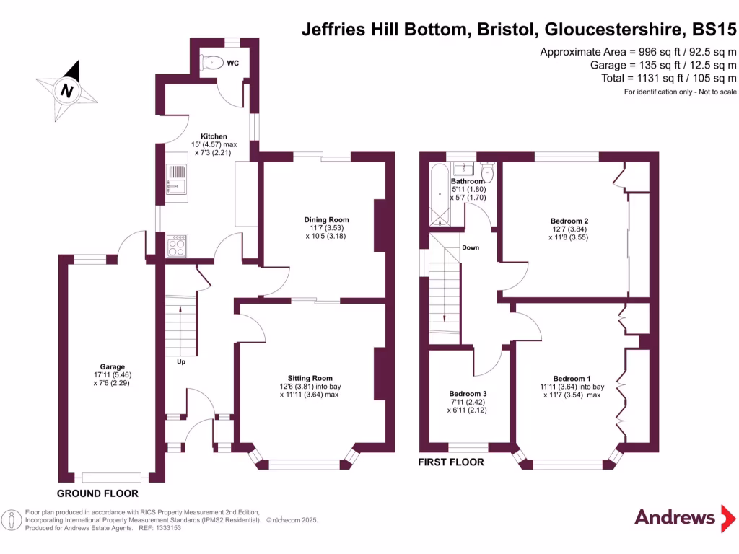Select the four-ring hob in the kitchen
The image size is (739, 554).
click(x=177, y=247)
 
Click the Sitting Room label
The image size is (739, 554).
click(x=310, y=378)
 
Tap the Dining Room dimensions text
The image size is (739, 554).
click(x=326, y=232)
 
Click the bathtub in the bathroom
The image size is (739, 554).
click(x=439, y=193)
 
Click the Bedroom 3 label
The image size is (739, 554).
click(x=468, y=394)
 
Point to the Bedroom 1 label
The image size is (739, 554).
click(x=572, y=379)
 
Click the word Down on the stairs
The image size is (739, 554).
click(x=471, y=247)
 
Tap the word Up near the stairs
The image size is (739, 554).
click(x=181, y=361)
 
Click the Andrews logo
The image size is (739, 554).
click(x=675, y=516)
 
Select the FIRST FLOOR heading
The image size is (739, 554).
click(x=451, y=462)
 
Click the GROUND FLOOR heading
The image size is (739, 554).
click(x=98, y=493)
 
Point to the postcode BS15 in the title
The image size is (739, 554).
click(x=714, y=30)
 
